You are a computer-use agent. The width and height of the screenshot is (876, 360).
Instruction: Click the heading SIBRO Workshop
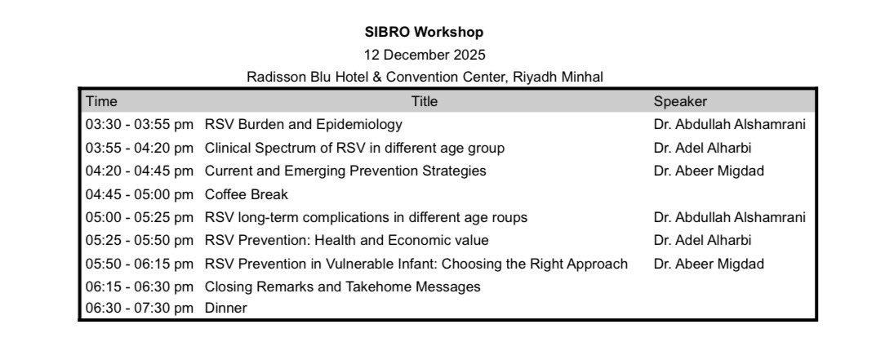tap(424, 33)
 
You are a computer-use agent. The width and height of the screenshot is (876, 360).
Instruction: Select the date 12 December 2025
tap(424, 55)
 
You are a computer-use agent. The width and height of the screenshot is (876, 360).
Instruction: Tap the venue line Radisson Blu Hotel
tap(425, 77)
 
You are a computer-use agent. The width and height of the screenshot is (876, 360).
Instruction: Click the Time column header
tap(102, 101)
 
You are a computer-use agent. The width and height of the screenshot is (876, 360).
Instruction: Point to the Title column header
tap(424, 101)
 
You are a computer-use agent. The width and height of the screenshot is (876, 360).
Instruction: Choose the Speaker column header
tap(680, 101)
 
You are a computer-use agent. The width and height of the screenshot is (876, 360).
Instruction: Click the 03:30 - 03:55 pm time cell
tap(139, 125)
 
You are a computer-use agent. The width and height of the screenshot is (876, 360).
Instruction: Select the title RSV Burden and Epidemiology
tap(303, 125)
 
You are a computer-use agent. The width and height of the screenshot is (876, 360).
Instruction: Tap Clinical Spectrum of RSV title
tap(354, 148)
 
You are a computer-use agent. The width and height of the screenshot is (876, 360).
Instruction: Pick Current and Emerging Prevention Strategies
tap(345, 171)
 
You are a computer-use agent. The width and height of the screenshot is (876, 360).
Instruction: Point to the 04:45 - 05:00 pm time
tap(139, 194)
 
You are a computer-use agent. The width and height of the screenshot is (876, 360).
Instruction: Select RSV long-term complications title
tap(365, 217)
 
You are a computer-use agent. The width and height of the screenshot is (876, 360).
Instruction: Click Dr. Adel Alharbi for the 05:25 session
tap(702, 240)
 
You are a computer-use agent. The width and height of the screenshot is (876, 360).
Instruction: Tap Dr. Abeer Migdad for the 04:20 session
tap(706, 171)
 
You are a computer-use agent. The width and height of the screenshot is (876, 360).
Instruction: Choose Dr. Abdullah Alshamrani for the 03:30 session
tap(729, 125)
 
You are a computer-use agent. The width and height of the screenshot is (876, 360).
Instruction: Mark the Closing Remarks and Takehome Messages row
tap(342, 287)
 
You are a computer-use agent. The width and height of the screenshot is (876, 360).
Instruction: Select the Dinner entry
tap(225, 308)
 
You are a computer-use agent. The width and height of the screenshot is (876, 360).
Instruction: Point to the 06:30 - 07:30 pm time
tap(139, 308)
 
